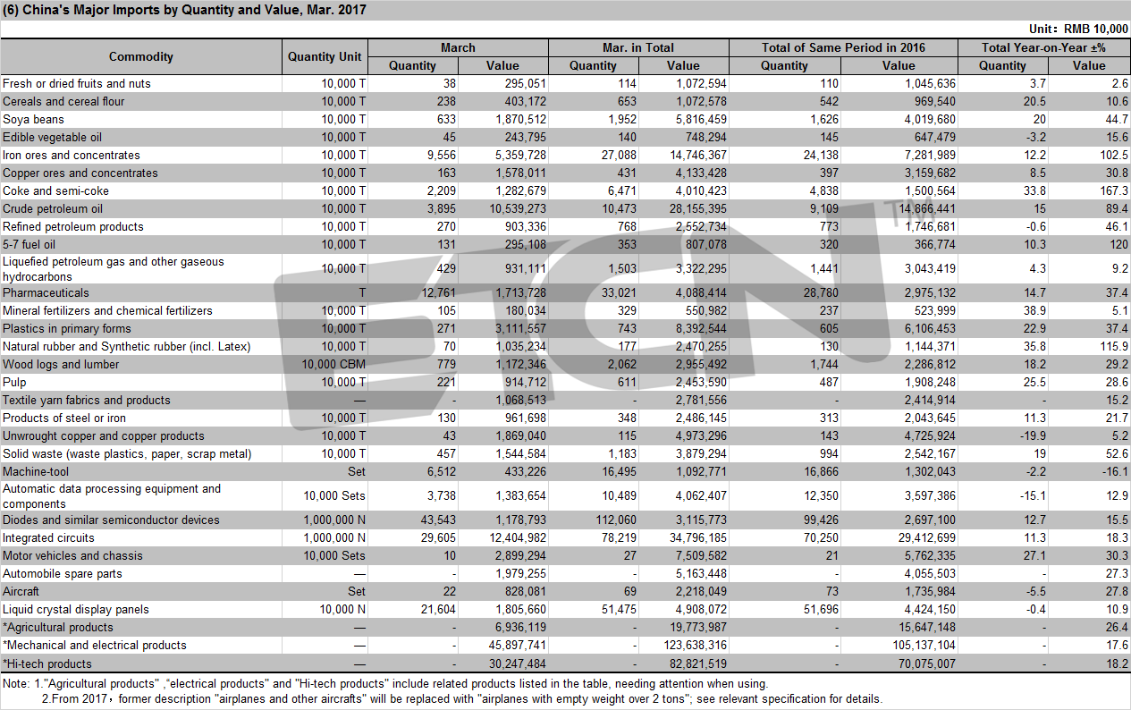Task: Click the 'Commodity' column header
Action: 141,56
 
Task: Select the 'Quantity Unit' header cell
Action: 325,56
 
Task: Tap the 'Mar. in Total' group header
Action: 638,47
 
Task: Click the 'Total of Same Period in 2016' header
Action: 843,47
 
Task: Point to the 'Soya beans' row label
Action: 33,119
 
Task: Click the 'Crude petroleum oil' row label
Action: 53,208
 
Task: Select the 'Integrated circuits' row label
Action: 48,537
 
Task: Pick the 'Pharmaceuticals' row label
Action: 46,292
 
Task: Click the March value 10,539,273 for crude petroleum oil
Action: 518,208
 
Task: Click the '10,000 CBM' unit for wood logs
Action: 333,364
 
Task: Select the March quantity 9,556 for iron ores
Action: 442,155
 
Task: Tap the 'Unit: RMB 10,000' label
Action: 1078,29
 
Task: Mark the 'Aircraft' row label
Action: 21,591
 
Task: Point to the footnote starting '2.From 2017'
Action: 462,699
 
